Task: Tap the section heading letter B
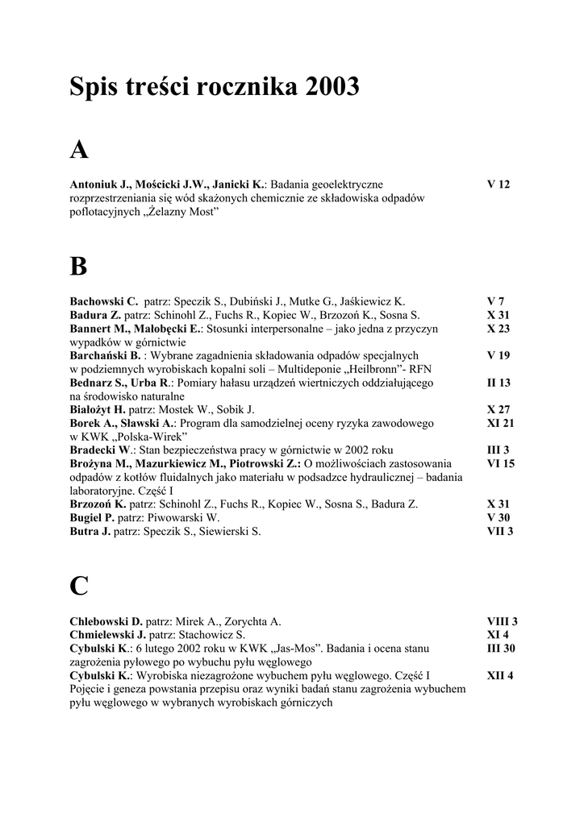[x=78, y=266]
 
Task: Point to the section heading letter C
[x=79, y=586]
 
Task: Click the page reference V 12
[x=498, y=184]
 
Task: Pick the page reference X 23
[x=498, y=329]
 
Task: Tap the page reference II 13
[x=498, y=383]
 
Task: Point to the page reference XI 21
[x=500, y=423]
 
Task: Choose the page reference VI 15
[x=500, y=463]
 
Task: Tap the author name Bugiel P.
[x=92, y=517]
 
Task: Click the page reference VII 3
[x=500, y=531]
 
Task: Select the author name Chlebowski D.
[x=106, y=621]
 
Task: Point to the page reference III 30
[x=501, y=648]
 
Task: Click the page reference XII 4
[x=500, y=675]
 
